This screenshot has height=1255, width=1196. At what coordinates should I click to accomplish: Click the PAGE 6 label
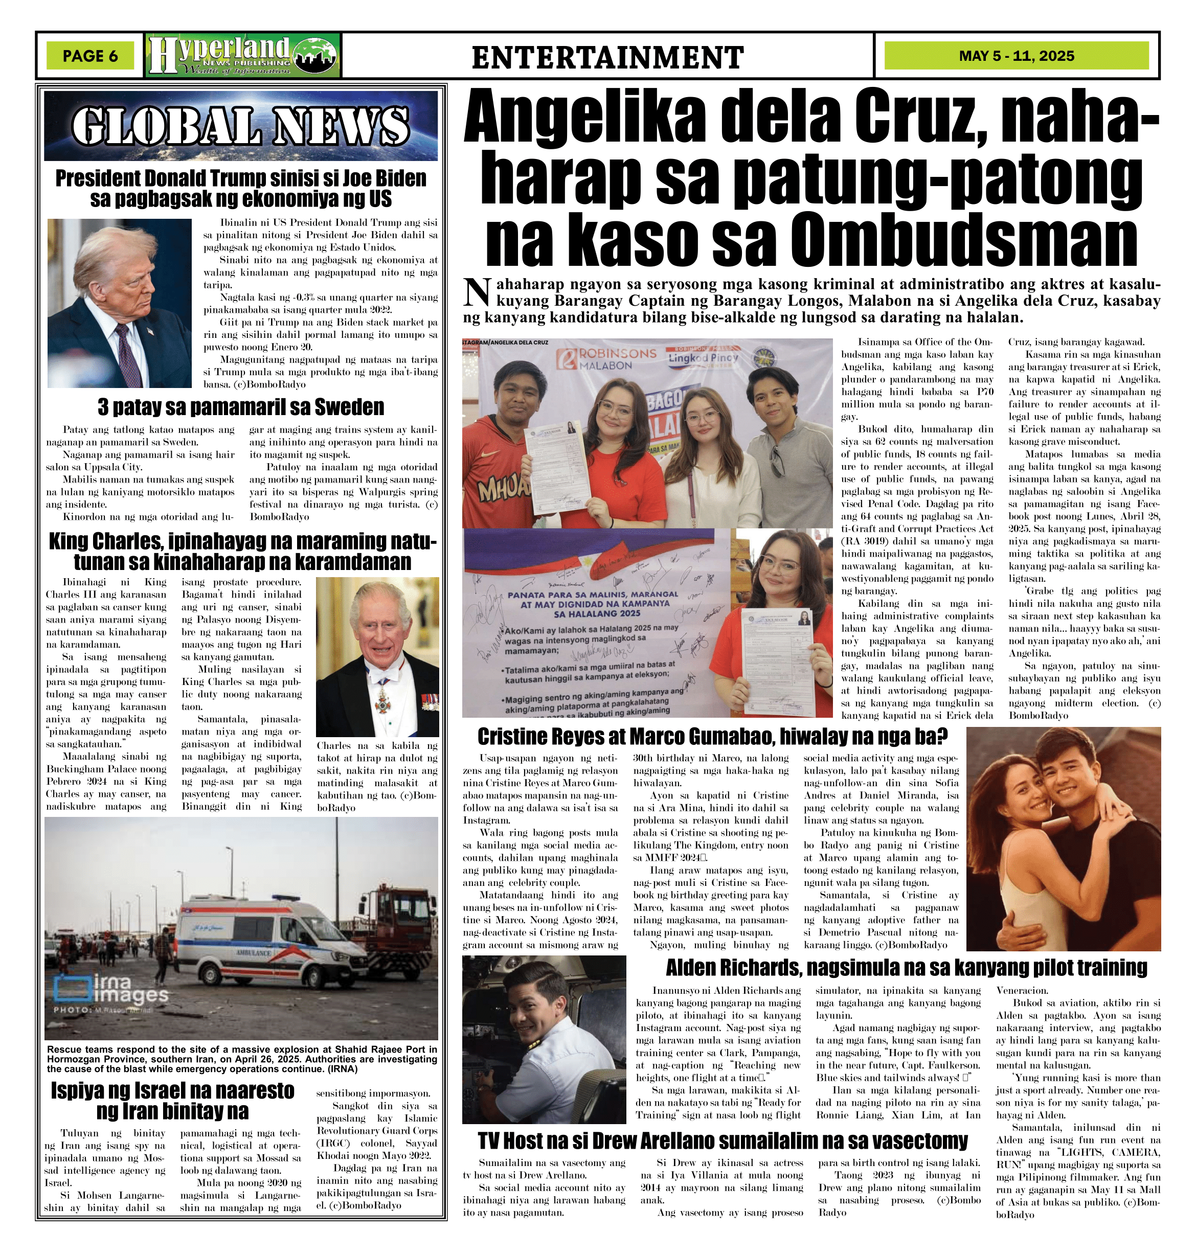[x=90, y=56]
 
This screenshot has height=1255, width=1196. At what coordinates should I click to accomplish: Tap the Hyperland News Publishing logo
[x=243, y=56]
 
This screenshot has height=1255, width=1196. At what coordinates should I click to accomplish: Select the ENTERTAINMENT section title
[x=607, y=57]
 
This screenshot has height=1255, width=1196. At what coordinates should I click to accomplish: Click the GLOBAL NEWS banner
[x=241, y=124]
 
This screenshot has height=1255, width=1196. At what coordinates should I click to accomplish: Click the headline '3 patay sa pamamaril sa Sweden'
[x=241, y=406]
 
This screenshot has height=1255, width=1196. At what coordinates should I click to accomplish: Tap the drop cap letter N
[x=477, y=291]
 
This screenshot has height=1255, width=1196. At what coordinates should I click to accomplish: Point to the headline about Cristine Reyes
[x=712, y=737]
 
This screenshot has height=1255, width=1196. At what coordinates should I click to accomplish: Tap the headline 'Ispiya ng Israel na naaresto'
[x=173, y=1090]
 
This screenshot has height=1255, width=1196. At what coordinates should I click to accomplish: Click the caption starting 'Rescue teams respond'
[x=241, y=1059]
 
